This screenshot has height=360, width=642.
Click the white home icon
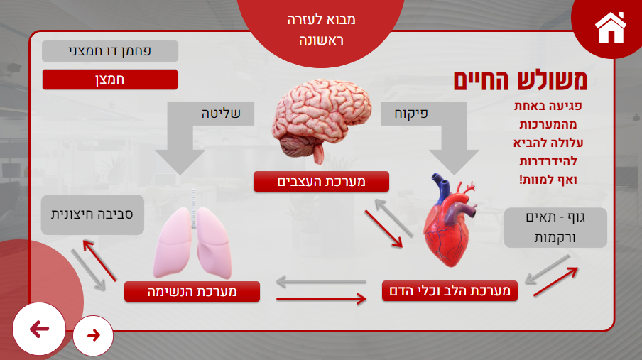[611, 28]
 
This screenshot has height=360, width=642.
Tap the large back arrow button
[39, 329]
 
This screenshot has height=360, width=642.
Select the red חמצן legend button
[110, 80]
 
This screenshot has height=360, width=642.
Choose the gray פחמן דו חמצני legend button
[110, 51]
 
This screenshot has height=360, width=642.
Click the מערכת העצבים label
[322, 182]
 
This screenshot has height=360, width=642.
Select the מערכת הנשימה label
[192, 292]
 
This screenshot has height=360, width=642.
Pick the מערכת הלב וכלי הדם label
[450, 291]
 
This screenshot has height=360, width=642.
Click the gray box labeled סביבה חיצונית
[92, 214]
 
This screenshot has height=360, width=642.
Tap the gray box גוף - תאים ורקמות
[555, 228]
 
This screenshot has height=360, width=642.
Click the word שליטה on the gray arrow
[221, 114]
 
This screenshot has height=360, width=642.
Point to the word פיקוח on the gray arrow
[411, 114]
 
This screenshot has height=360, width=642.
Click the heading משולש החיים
[521, 80]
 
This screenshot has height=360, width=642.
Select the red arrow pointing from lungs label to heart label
[322, 299]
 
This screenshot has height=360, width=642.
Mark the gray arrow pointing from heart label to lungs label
[321, 282]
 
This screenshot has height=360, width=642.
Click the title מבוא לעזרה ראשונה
[321, 30]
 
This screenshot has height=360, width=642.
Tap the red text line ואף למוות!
[548, 180]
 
